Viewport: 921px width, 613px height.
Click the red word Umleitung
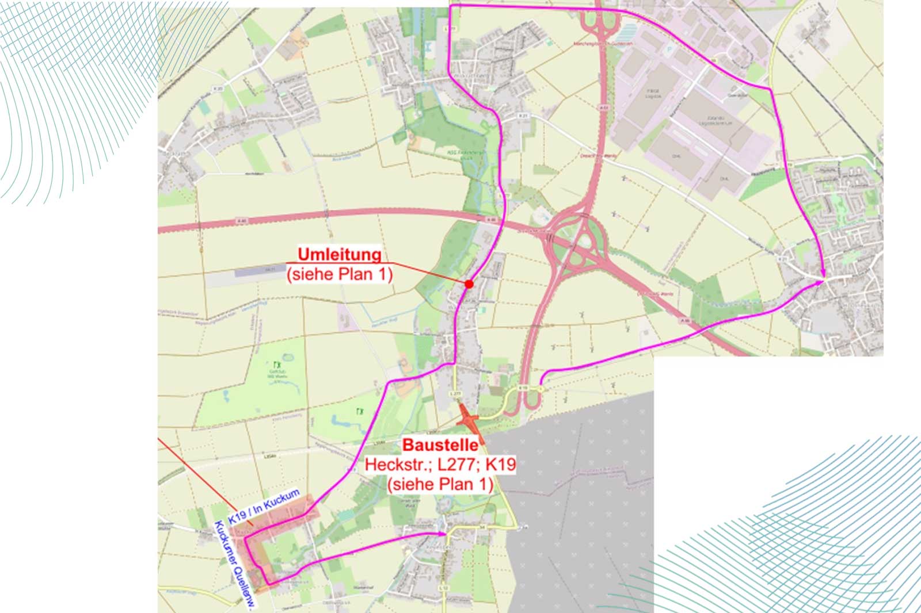pos(339,254)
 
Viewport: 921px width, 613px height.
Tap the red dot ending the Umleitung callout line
pos(469,284)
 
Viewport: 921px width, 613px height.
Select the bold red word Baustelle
pos(440,445)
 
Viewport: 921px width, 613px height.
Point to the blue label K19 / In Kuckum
pos(264,506)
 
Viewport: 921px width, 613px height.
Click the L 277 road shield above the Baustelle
pos(455,394)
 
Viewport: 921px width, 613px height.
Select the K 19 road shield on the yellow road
pos(523,388)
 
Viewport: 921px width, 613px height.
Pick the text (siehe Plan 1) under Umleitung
pos(340,274)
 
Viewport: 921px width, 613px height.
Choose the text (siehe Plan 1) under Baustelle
pos(440,484)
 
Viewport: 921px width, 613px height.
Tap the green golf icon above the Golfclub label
pos(277,365)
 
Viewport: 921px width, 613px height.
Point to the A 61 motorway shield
pos(603,108)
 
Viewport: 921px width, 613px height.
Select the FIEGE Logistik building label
pos(653,93)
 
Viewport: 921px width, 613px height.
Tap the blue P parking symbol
pos(669,49)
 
